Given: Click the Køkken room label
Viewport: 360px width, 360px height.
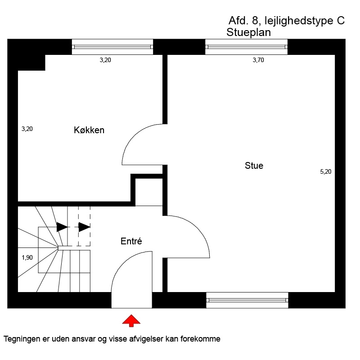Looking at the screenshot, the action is click(x=89, y=130).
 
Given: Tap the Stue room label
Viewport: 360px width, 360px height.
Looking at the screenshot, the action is click(x=254, y=166).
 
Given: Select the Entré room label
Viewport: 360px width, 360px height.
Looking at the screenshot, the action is click(x=131, y=241).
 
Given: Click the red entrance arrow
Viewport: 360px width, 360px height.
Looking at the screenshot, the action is click(x=131, y=321).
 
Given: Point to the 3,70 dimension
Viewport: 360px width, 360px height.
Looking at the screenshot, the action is click(x=258, y=60).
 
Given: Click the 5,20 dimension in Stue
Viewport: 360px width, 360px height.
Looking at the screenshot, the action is click(x=326, y=172).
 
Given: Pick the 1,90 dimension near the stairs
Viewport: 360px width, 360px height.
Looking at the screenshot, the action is click(x=27, y=257).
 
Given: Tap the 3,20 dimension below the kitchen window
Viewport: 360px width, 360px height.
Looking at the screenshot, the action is click(x=105, y=60).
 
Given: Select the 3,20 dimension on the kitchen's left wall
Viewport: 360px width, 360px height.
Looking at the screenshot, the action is click(x=27, y=129).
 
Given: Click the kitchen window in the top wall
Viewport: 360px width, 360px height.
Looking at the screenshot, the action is click(x=112, y=47).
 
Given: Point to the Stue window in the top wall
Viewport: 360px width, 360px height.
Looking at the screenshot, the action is click(x=246, y=47).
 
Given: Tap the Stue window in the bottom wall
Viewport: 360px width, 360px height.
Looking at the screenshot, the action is click(x=247, y=300).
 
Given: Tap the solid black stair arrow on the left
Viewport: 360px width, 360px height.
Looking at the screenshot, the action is click(x=62, y=227).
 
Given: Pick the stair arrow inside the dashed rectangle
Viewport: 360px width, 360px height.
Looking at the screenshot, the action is click(x=84, y=227).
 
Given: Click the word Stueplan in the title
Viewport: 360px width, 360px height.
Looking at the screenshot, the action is click(x=249, y=32).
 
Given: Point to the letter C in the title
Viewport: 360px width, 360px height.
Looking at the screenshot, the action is click(x=341, y=21).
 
